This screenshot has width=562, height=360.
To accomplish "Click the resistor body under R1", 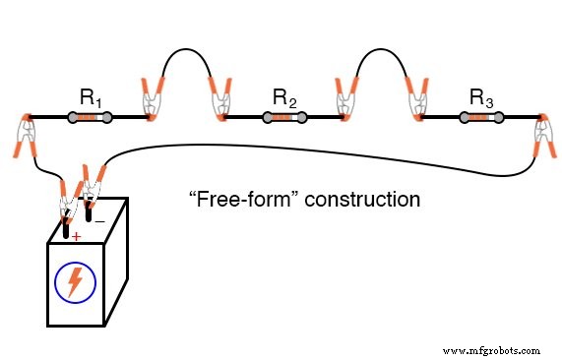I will click(x=90, y=119).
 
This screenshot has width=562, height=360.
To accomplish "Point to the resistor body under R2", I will click(x=283, y=119).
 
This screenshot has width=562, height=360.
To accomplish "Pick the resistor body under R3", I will click(x=479, y=119).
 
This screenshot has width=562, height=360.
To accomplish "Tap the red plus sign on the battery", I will click(x=76, y=236).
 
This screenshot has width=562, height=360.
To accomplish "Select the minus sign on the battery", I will click(x=100, y=221).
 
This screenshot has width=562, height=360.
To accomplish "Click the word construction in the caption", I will click(x=362, y=200).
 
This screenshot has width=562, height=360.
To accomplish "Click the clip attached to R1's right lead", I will click(x=153, y=99).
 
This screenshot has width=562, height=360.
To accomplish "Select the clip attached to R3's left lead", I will click(x=413, y=99).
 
